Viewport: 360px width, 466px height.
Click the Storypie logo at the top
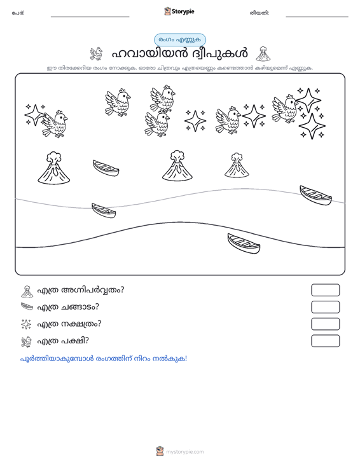[x=179, y=11]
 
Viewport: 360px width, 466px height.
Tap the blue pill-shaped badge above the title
[x=180, y=40]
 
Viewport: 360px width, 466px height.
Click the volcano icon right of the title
[x=263, y=54]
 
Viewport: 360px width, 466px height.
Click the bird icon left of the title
[x=96, y=54]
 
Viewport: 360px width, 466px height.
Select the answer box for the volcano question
[x=325, y=290]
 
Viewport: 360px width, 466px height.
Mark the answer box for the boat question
[x=325, y=307]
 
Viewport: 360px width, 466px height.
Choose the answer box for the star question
[x=325, y=324]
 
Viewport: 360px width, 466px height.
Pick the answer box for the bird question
[x=325, y=341]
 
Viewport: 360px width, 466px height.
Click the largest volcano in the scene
[x=54, y=168]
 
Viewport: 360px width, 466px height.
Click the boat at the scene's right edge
[x=315, y=195]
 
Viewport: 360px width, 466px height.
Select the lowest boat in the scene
[x=244, y=243]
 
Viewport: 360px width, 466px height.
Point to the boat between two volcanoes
[x=106, y=168]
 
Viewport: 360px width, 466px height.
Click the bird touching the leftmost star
[x=55, y=124]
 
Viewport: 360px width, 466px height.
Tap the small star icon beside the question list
[x=26, y=324]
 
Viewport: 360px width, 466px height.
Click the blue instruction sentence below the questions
[x=104, y=359]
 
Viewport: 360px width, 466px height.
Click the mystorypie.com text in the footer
[x=184, y=452]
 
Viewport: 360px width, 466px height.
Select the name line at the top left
[x=90, y=17]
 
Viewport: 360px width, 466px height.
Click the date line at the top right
[x=317, y=17]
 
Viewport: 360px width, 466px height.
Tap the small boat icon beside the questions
[x=27, y=306]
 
